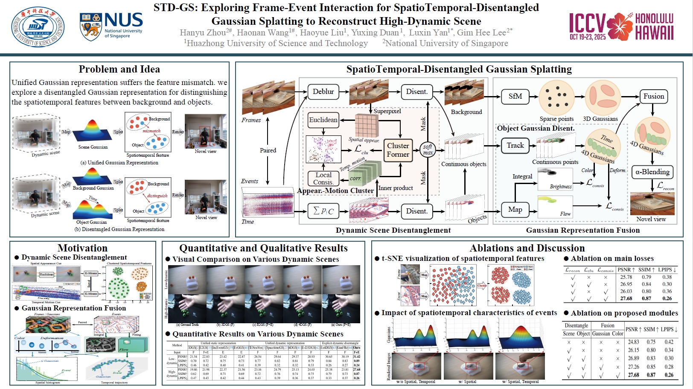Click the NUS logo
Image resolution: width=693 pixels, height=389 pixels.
tap(111, 26)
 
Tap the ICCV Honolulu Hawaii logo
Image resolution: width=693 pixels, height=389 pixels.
tap(621, 26)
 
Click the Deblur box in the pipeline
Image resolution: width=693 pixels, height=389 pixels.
tap(323, 91)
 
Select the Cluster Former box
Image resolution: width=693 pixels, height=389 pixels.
tap(398, 150)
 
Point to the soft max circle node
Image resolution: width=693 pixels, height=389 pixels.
tap(428, 149)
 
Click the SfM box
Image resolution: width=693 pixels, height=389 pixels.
tap(515, 97)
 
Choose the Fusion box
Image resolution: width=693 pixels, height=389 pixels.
tap(653, 97)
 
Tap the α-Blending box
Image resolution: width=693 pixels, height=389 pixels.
tap(652, 172)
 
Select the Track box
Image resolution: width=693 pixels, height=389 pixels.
tap(515, 146)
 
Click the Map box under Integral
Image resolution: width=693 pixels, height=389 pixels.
tap(515, 209)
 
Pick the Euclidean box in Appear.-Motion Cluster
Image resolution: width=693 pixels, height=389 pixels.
tap(323, 120)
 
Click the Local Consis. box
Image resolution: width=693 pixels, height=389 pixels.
tap(323, 178)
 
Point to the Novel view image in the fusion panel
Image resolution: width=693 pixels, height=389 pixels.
tap(652, 203)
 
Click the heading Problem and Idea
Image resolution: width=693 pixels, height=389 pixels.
tap(119, 69)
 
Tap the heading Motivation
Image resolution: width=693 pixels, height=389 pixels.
tap(82, 248)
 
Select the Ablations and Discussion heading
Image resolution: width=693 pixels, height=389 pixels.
tap(527, 248)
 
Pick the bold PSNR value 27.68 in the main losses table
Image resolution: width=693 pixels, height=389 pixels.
tap(626, 298)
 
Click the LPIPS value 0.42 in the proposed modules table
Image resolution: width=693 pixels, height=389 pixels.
tap(669, 342)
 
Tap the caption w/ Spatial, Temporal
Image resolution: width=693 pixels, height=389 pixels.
tap(520, 382)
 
